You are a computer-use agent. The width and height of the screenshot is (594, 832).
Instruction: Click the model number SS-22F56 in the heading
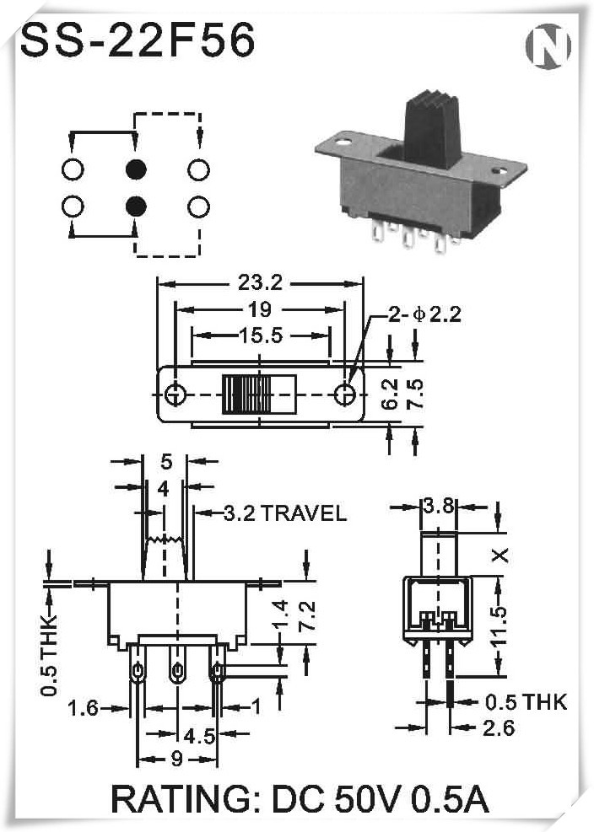pos(137,40)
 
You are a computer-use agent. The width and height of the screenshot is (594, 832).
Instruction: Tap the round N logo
pos(548,46)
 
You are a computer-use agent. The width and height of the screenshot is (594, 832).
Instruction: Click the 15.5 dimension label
pos(259,335)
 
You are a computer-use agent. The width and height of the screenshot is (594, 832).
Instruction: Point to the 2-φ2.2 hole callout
pos(424,315)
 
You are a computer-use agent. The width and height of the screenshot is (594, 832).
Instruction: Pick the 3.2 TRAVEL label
pos(284,513)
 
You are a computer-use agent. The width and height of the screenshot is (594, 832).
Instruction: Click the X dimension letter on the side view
pos(501,555)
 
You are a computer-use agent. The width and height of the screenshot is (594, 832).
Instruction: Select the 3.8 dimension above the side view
pos(439,507)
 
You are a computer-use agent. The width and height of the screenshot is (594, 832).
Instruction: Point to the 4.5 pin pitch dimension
pos(198,736)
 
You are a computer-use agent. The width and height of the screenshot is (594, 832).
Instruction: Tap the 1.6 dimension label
pos(84,708)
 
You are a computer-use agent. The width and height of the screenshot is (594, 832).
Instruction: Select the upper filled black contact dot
pos(135,169)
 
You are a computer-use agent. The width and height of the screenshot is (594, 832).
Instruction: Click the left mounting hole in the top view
pos(175,394)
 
